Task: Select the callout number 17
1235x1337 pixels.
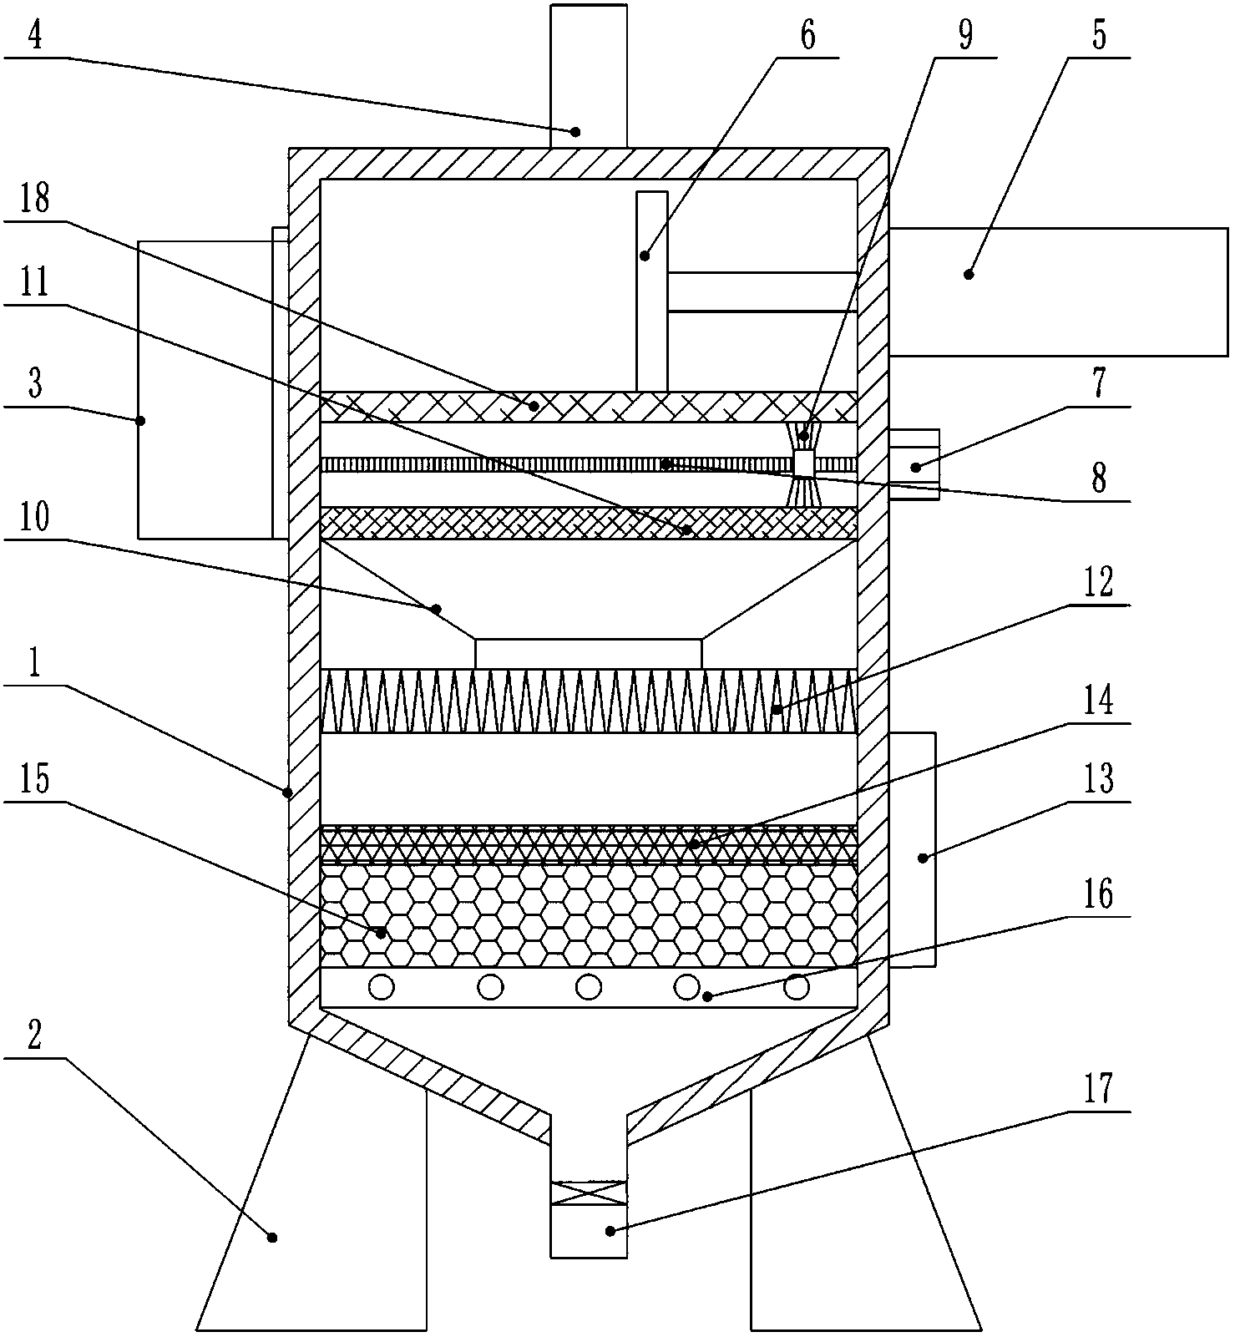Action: point(1098,1089)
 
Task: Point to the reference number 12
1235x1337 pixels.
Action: point(1098,582)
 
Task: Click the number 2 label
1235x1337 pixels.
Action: point(34,1036)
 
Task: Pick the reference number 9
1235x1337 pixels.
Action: point(965,36)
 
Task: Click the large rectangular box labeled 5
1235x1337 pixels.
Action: point(1057,291)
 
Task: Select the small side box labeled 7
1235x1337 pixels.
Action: point(914,464)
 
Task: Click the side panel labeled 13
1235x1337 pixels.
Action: point(912,848)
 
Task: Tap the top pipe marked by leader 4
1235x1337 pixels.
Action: point(589,75)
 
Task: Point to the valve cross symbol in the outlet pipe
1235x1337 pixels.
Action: point(589,1193)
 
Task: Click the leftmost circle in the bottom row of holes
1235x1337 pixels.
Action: point(382,987)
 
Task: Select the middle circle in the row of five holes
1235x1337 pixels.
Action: point(589,987)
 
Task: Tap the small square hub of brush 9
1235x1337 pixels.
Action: point(803,464)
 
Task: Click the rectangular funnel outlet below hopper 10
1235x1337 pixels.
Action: point(589,653)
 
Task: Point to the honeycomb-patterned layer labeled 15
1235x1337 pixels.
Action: point(589,915)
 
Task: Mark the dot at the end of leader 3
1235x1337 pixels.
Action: point(140,420)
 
